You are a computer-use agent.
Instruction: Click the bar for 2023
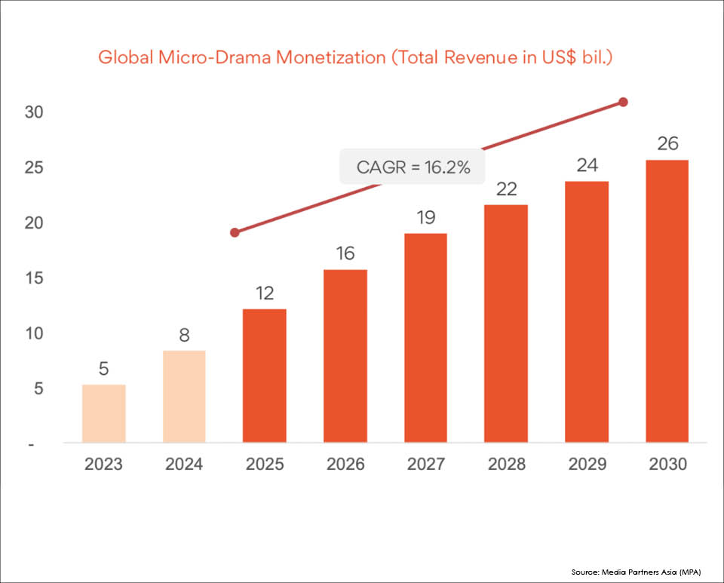click(x=103, y=413)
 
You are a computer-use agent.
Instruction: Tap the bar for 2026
click(x=345, y=355)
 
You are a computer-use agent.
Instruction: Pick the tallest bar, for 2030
click(x=667, y=301)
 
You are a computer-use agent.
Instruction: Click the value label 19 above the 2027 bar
click(x=426, y=218)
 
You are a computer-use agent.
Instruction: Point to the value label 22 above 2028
click(x=506, y=189)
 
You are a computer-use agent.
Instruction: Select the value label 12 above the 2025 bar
click(x=265, y=293)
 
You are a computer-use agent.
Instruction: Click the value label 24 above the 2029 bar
click(x=587, y=165)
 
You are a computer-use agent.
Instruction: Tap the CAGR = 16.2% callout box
click(x=413, y=167)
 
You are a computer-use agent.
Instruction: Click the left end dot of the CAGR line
click(x=235, y=232)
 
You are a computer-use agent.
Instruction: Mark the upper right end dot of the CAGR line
click(x=623, y=102)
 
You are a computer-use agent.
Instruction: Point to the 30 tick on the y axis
click(x=34, y=112)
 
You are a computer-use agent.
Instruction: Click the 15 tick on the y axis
click(x=34, y=278)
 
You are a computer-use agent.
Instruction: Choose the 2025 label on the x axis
click(x=265, y=464)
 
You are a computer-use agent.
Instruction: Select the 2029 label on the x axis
click(x=587, y=464)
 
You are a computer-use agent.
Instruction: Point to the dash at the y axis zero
click(x=32, y=445)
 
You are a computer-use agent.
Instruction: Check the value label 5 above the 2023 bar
click(x=103, y=369)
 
